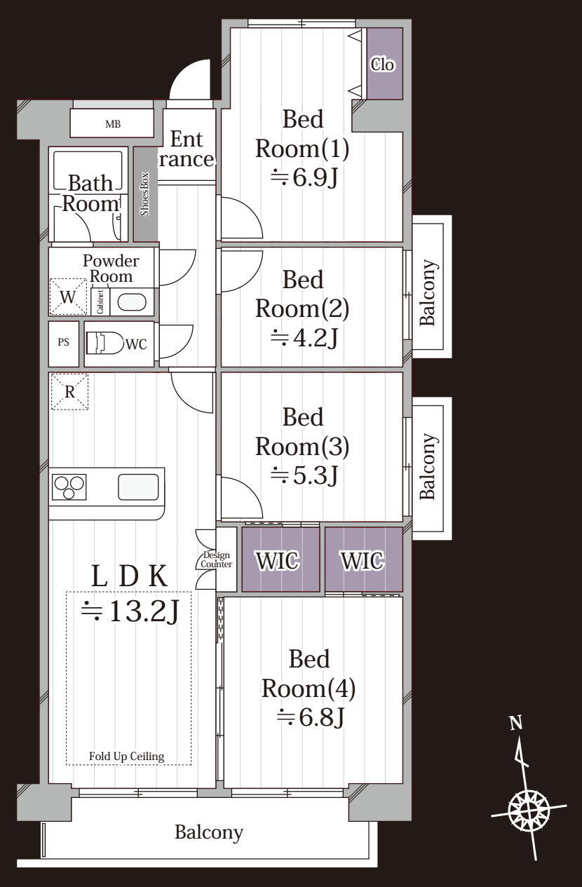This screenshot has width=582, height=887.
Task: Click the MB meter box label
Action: click(113, 124)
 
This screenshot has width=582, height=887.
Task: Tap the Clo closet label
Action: click(382, 64)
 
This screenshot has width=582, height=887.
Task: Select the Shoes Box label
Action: click(145, 194)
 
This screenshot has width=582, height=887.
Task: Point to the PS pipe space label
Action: click(63, 342)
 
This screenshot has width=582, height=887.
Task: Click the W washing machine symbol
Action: click(68, 297)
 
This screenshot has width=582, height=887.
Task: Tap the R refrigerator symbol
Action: click(69, 392)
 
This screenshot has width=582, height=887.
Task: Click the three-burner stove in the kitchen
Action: click(69, 487)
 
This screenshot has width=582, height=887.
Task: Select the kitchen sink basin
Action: click(138, 487)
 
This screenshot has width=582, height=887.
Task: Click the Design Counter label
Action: click(217, 560)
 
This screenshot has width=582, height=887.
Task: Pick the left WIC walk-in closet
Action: click(280, 559)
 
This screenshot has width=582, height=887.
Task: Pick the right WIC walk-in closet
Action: click(364, 559)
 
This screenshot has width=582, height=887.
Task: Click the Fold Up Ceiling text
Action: click(127, 757)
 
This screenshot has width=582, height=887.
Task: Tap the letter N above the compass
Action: click(516, 723)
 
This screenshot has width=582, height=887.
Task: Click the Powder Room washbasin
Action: click(133, 302)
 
